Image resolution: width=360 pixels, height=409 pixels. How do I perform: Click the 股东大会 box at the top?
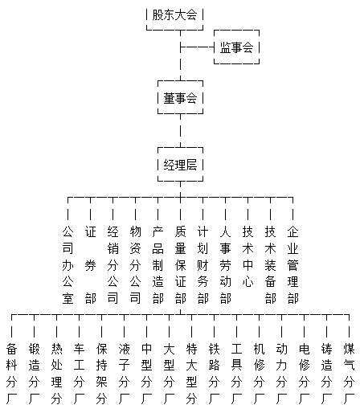pyautogui.click(x=174, y=14)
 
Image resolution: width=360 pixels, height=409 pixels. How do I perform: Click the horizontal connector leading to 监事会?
pyautogui.click(x=198, y=47)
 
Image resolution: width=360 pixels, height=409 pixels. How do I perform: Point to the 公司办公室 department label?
pyautogui.click(x=67, y=265)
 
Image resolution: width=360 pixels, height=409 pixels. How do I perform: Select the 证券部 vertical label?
pyautogui.click(x=90, y=265)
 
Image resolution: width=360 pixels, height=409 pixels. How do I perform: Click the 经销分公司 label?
pyautogui.click(x=112, y=265)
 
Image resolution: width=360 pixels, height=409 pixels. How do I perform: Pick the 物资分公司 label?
pyautogui.click(x=135, y=265)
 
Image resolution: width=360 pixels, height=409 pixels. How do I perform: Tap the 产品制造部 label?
pyautogui.click(x=157, y=265)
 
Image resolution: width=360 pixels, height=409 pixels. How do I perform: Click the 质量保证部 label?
pyautogui.click(x=180, y=265)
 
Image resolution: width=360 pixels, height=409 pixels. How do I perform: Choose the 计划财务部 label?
pyautogui.click(x=202, y=265)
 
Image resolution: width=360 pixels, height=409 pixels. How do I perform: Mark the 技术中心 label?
pyautogui.click(x=247, y=256)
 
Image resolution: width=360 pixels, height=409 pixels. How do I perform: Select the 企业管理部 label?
pyautogui.click(x=292, y=265)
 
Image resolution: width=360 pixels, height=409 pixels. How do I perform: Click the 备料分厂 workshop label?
pyautogui.click(x=11, y=374)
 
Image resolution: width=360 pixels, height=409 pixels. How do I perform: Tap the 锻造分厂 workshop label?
pyautogui.click(x=34, y=374)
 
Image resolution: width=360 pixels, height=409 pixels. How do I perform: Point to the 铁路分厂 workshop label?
pyautogui.click(x=214, y=374)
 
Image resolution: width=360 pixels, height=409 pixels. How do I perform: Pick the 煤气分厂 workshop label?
pyautogui.click(x=349, y=374)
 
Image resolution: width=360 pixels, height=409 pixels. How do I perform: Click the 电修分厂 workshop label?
pyautogui.click(x=304, y=374)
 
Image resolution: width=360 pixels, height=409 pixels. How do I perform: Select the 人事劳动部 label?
pyautogui.click(x=225, y=265)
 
